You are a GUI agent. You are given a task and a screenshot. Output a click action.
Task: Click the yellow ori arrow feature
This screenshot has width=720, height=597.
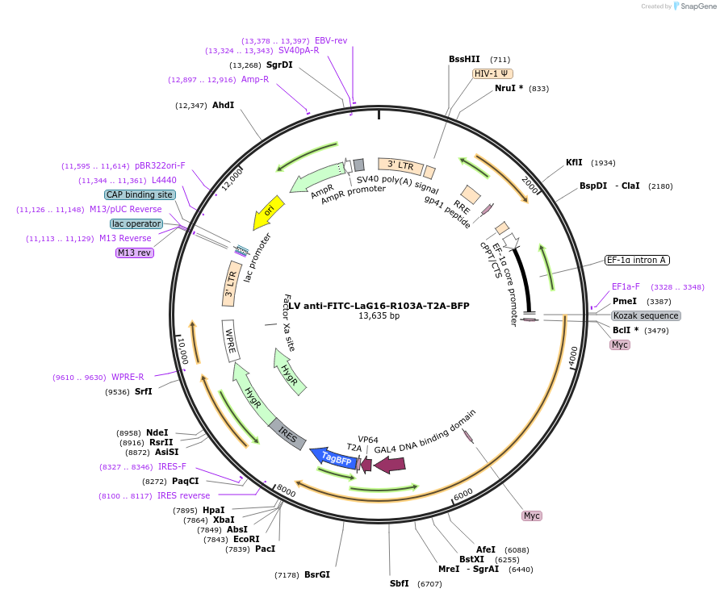[x=269, y=211]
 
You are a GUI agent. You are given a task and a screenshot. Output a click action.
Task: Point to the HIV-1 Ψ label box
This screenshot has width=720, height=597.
[x=491, y=73]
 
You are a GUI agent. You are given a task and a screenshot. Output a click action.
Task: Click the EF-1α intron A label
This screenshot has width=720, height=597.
[x=637, y=260]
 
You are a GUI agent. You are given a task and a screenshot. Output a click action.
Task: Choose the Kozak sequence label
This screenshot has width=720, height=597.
[x=646, y=315]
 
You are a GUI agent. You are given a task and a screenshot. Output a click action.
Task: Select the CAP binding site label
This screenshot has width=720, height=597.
[x=140, y=194]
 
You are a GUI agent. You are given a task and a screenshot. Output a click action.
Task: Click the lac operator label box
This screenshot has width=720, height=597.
[x=136, y=223]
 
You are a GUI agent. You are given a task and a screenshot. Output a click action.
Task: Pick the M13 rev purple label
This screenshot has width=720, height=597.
[x=135, y=253]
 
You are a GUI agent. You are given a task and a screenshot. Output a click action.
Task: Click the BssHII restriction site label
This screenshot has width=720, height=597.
[x=464, y=59]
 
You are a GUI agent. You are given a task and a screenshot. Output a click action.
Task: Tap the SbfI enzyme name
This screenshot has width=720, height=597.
[x=400, y=583]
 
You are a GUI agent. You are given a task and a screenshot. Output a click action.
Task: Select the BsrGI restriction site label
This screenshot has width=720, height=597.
[x=317, y=574]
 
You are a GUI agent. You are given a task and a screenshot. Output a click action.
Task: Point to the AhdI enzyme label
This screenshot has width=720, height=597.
[x=223, y=105]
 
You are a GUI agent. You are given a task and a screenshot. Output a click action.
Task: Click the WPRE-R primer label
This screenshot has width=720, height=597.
[x=128, y=377]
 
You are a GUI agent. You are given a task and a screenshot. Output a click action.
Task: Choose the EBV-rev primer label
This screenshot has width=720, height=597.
[x=331, y=40]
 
